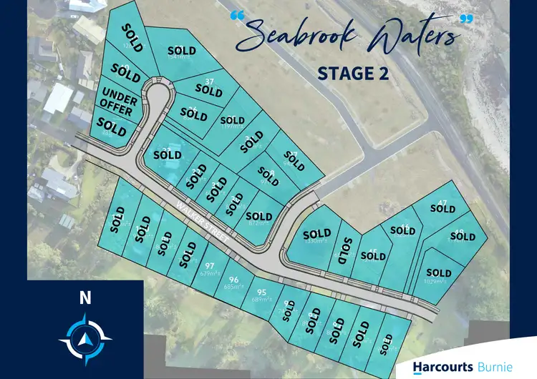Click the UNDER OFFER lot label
[x=120, y=102]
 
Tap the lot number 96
[x=233, y=279]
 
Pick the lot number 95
[x=261, y=291]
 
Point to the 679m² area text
[x=211, y=272]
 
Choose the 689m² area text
[x=259, y=300]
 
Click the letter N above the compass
[x=85, y=298]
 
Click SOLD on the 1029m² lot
[x=438, y=272]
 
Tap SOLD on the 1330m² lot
[x=316, y=234]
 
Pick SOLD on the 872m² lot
[x=258, y=216]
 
